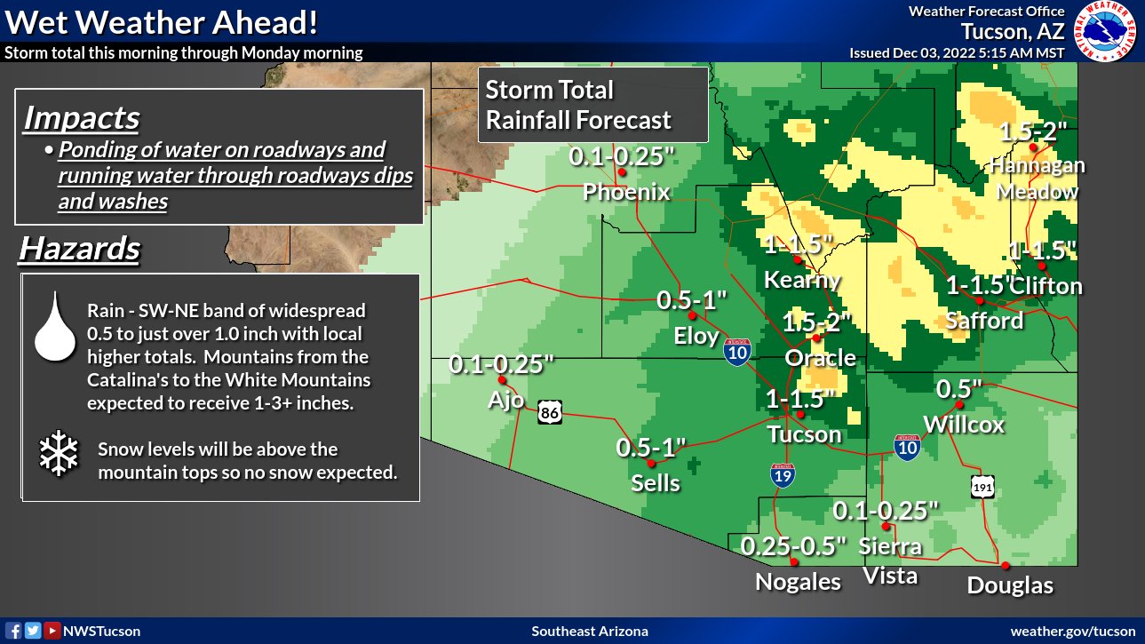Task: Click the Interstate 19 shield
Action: point(783,473)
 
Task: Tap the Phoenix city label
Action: point(626,191)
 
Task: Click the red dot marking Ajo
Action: point(501,379)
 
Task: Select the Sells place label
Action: point(655,483)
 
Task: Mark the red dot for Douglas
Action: point(1006,565)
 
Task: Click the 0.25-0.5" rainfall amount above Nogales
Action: point(793,545)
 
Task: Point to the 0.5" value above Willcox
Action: point(959,389)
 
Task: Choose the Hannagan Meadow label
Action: point(1037,178)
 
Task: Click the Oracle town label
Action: point(820,358)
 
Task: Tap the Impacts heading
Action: point(82,117)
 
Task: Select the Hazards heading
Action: point(79,249)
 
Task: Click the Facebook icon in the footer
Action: point(15,631)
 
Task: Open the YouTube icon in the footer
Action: point(52,631)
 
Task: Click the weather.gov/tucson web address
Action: point(1072,631)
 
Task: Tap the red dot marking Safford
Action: point(979,299)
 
